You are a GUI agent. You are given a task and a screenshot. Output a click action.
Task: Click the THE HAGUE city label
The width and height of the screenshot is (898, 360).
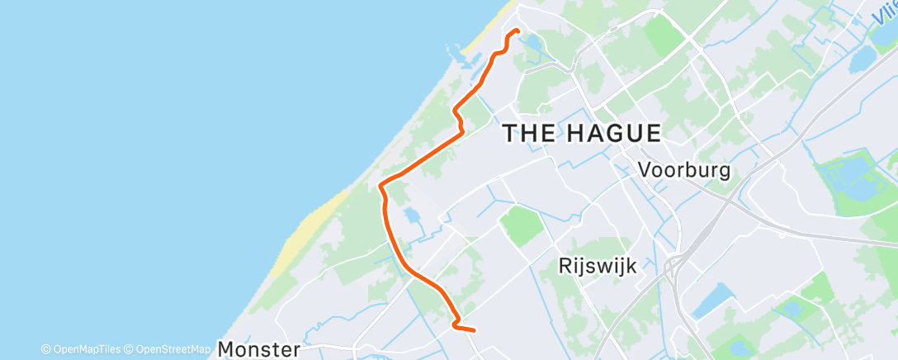[582, 133]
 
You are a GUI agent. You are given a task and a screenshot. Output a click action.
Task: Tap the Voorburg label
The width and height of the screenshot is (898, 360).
[684, 170]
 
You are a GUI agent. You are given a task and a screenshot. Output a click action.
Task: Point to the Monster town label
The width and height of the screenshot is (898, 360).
[258, 349]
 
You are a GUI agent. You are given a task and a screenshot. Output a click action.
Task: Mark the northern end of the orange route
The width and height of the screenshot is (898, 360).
[518, 31]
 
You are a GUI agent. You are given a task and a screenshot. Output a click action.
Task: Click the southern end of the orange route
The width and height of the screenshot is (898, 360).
[474, 331]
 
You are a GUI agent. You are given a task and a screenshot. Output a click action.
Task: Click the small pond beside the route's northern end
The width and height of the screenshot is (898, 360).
[532, 40]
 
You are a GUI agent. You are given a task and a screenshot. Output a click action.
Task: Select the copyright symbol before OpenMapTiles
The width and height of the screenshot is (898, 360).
[46, 349]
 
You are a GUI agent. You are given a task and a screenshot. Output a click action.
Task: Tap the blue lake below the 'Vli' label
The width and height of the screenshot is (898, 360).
[863, 59]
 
